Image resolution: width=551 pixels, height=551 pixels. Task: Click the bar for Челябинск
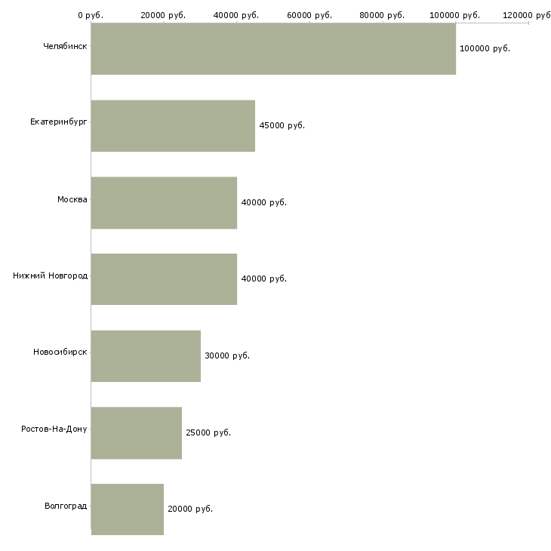click(x=273, y=48)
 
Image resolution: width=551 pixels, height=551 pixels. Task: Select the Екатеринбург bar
click(x=173, y=125)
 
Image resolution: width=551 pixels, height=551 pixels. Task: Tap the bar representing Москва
click(x=164, y=202)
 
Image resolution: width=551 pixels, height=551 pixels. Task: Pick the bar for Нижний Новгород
click(x=164, y=279)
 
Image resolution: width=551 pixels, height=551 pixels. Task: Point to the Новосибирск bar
click(x=146, y=356)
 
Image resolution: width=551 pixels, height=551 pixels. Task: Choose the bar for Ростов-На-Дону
click(x=137, y=432)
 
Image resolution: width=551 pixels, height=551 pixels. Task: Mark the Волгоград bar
click(x=128, y=509)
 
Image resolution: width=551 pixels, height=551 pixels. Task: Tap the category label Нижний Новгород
click(x=50, y=276)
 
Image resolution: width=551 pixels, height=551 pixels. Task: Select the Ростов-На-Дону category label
click(x=54, y=429)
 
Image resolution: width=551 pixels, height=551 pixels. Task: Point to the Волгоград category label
click(x=66, y=506)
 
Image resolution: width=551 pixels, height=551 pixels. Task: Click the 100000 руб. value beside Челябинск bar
click(x=485, y=49)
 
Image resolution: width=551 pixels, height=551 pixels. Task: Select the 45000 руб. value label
click(x=282, y=126)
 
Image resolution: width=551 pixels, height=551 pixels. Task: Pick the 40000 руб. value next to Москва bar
click(x=263, y=203)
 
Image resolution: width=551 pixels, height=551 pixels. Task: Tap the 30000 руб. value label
click(x=226, y=356)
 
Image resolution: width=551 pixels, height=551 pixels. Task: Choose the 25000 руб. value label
click(x=208, y=433)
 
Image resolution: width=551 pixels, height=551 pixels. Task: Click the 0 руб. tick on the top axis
click(x=91, y=15)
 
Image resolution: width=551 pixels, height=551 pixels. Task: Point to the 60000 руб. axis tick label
click(x=309, y=15)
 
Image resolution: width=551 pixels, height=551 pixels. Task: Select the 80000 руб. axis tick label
click(x=383, y=15)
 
